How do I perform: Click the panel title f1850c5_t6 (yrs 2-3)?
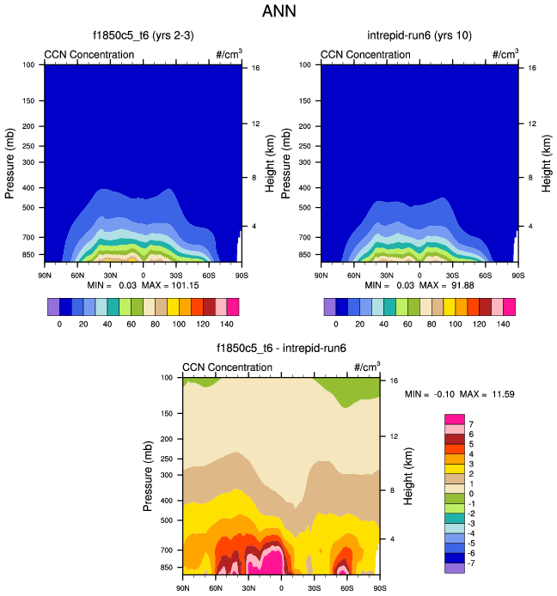[x=143, y=35]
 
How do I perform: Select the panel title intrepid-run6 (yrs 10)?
[x=419, y=35]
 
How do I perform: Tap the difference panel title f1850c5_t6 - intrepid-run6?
[x=281, y=349]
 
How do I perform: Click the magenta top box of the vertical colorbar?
[x=454, y=419]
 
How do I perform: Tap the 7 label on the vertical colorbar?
[x=472, y=424]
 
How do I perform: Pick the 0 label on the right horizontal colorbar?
[x=335, y=325]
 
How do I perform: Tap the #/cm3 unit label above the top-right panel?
[x=505, y=54]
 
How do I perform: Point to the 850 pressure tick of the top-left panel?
[x=28, y=255]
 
